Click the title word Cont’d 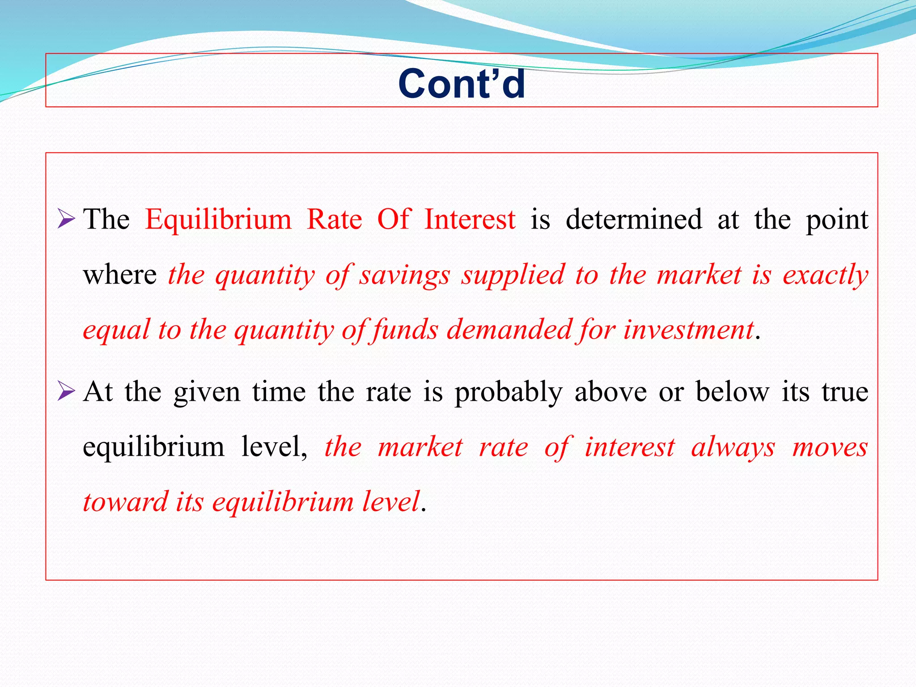[x=462, y=84]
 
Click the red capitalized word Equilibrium [x=218, y=220]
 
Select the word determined [x=634, y=220]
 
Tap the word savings [x=405, y=276]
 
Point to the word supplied [x=513, y=276]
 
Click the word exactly [x=825, y=276]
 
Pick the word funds [x=405, y=331]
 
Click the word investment [x=689, y=331]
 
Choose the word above [x=611, y=392]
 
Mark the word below [x=732, y=392]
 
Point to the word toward [x=126, y=502]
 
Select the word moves [x=830, y=447]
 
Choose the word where [x=119, y=275]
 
